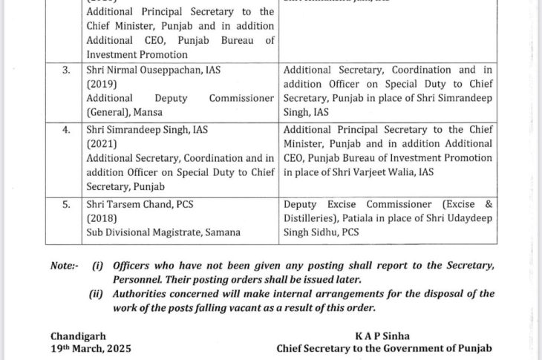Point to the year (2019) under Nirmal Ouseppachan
pyautogui.click(x=102, y=84)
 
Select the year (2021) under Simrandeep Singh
pyautogui.click(x=102, y=144)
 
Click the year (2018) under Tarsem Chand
pyautogui.click(x=102, y=218)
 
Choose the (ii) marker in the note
pyautogui.click(x=97, y=294)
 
